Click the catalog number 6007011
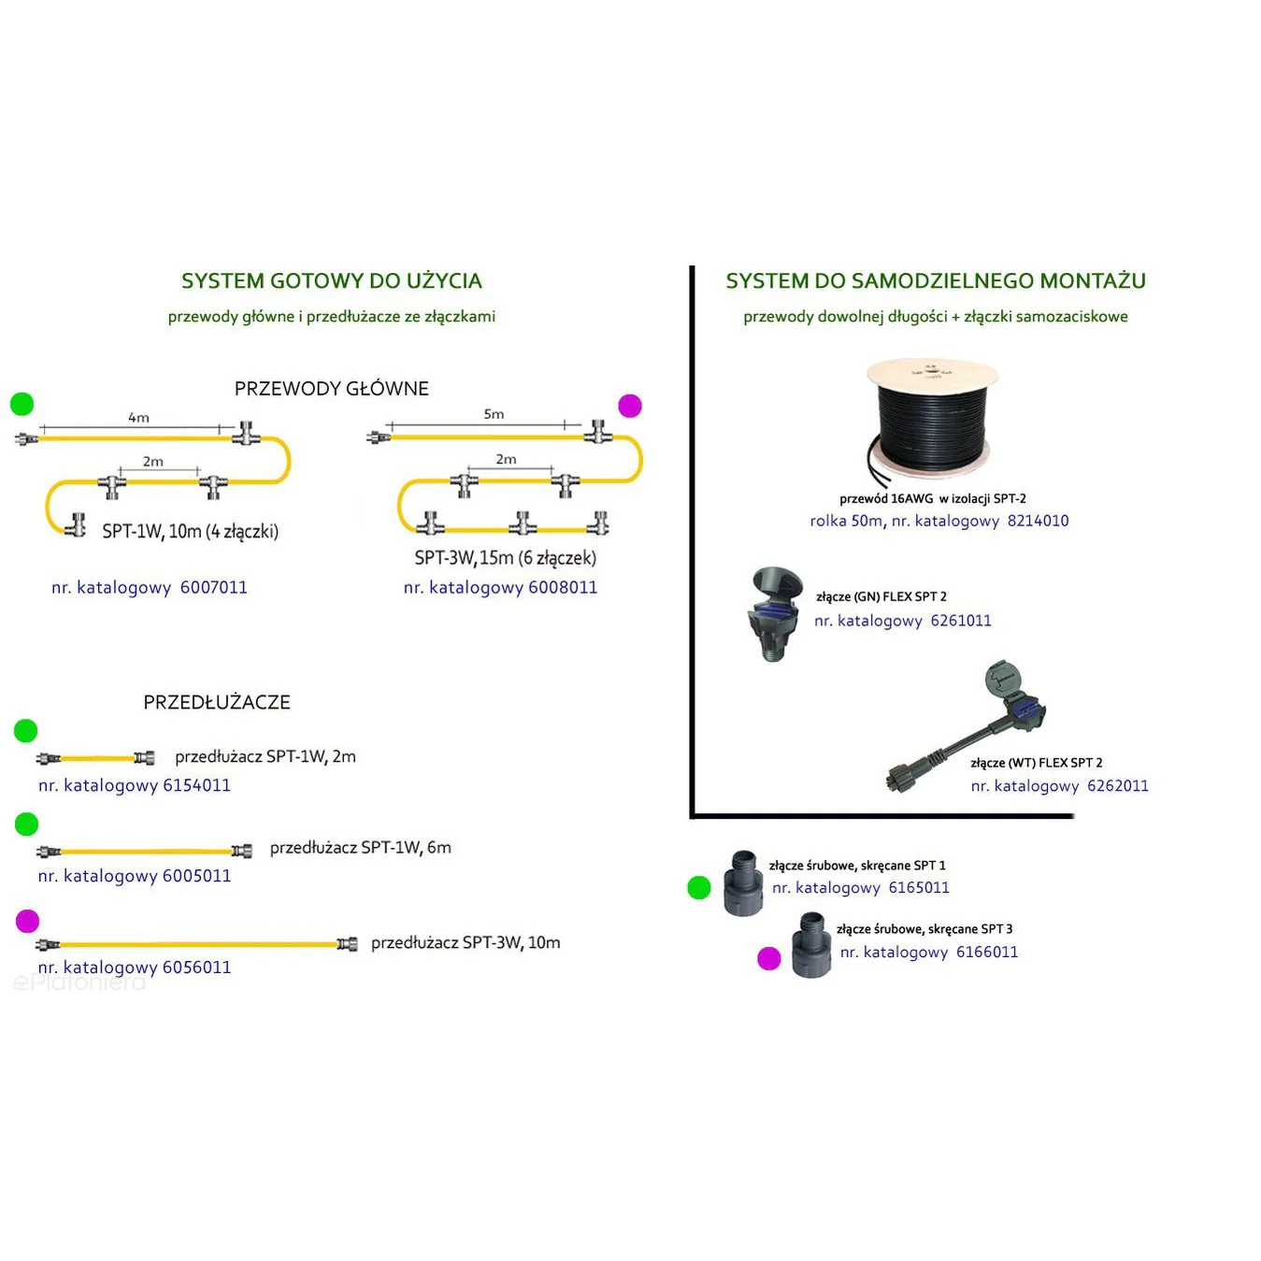[x=213, y=587]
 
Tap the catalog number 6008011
[x=563, y=587]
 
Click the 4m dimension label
[x=138, y=417]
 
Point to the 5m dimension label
[x=494, y=413]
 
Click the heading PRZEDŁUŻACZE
[x=217, y=702]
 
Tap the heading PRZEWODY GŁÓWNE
[x=331, y=389]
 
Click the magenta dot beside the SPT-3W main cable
[x=629, y=406]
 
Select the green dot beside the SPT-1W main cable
[x=22, y=405]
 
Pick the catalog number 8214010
[x=1038, y=521]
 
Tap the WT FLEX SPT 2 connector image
[x=967, y=726]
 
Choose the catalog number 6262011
[x=1118, y=785]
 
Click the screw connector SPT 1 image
[x=743, y=882]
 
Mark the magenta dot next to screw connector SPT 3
[x=769, y=959]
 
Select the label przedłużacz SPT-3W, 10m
[x=466, y=942]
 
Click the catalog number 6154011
[x=197, y=784]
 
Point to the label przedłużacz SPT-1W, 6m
[x=361, y=848]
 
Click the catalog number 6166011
[x=987, y=952]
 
